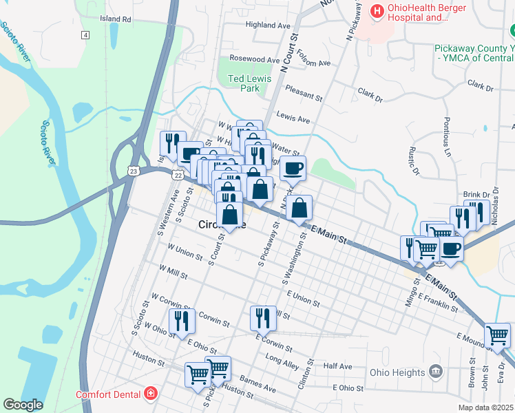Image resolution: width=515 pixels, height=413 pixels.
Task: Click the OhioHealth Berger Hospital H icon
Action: pyautogui.click(x=377, y=10)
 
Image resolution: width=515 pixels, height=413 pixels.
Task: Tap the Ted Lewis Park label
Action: pyautogui.click(x=244, y=83)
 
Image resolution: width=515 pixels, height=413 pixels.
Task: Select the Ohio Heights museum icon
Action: pyautogui.click(x=435, y=372)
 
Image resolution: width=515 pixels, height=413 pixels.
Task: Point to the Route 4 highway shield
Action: pyautogui.click(x=85, y=35)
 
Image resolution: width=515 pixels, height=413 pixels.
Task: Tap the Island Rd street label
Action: pyautogui.click(x=115, y=19)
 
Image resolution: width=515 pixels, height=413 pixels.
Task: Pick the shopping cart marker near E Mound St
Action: pyautogui.click(x=497, y=336)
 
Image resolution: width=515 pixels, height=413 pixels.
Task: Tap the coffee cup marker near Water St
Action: pyautogui.click(x=293, y=167)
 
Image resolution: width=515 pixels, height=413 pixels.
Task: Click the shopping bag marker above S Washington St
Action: pyautogui.click(x=299, y=207)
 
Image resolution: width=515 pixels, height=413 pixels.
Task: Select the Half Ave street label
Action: pyautogui.click(x=337, y=366)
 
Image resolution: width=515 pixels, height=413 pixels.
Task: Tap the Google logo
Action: pyautogui.click(x=23, y=405)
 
